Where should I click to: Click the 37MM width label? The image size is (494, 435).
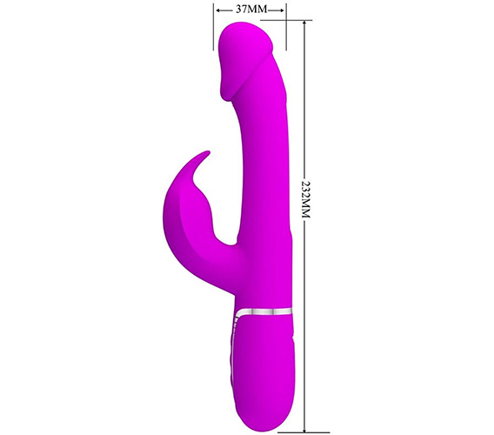pos(251,10)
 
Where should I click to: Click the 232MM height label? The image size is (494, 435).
pos(305,199)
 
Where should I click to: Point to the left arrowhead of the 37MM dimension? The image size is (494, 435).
pos(219,10)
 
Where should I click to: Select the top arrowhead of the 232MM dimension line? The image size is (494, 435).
pos(304,24)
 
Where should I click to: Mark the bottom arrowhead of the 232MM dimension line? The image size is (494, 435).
pos(304,428)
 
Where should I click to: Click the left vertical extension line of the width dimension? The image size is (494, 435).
pos(213,26)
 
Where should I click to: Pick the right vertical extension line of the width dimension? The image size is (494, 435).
pos(286,26)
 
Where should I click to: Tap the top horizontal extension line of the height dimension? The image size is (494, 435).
pos(286,21)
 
